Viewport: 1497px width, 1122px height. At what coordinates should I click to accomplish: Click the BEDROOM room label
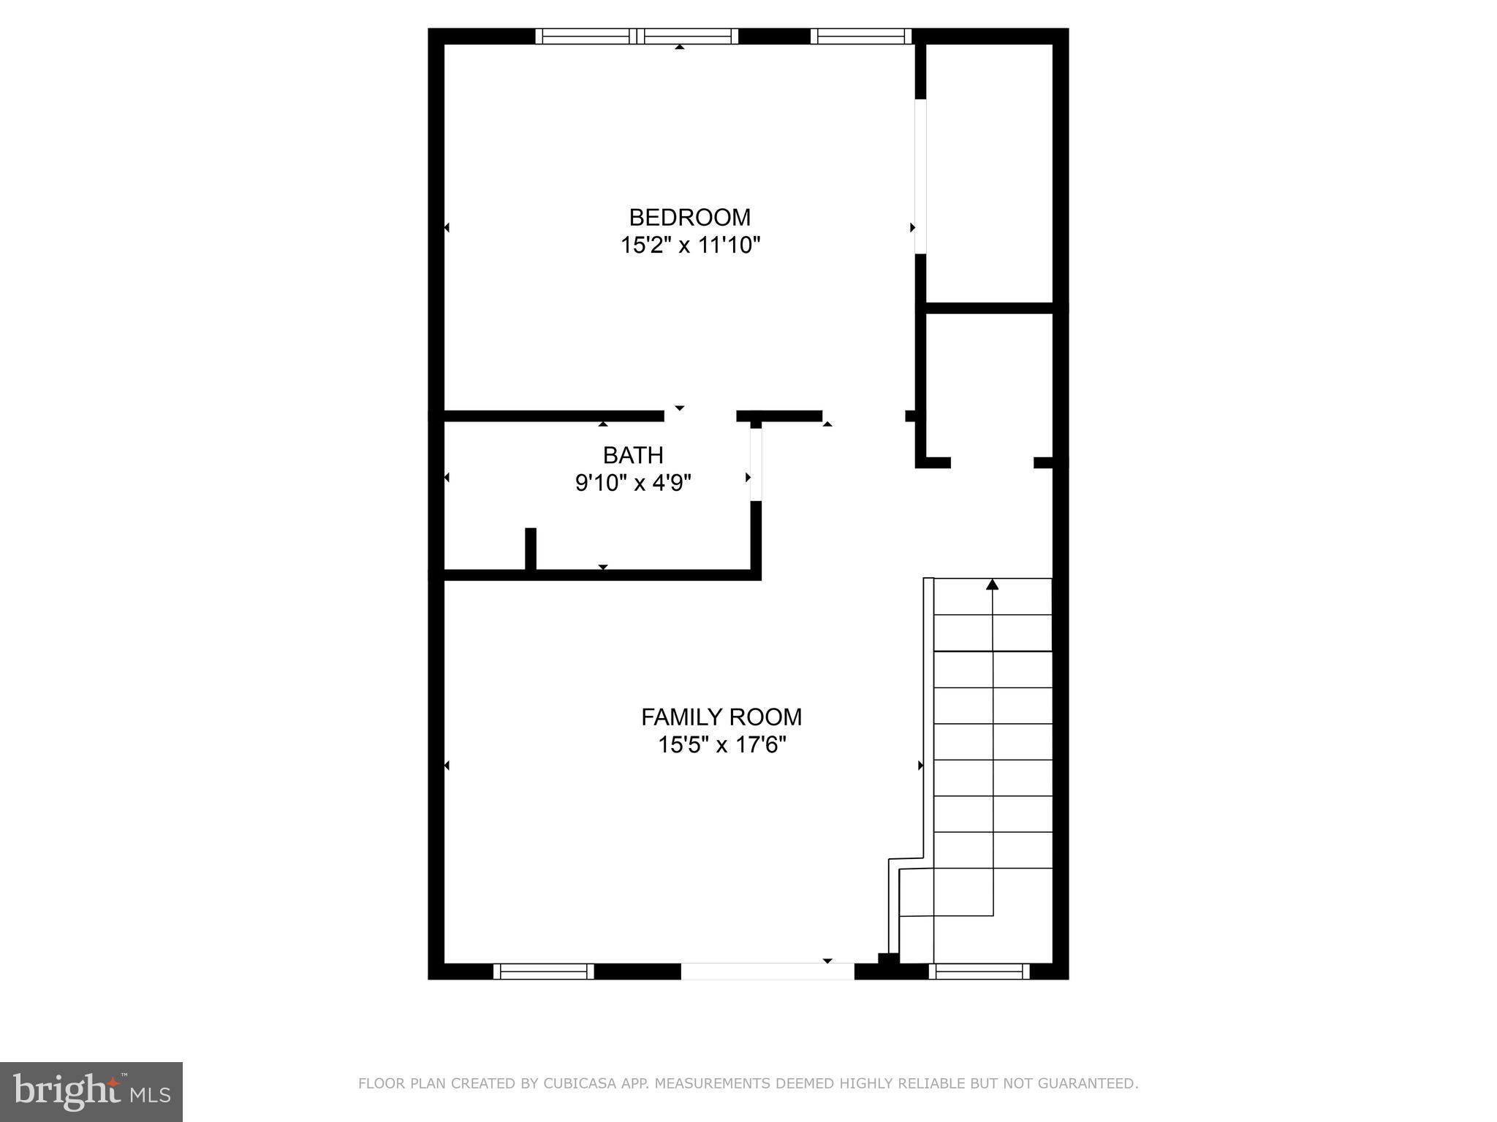689,218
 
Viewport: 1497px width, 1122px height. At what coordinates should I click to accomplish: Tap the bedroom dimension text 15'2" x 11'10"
690,245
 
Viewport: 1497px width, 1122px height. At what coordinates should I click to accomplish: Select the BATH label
633,455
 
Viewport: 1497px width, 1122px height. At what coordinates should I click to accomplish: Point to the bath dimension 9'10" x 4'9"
633,483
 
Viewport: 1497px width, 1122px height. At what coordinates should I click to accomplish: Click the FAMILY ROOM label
721,717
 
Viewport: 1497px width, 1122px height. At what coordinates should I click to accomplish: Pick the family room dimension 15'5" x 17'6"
721,745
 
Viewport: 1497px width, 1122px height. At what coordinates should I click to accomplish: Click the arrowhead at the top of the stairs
992,584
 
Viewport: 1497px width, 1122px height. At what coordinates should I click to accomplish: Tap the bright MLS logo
91,1091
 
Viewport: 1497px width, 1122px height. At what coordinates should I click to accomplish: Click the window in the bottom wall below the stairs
979,971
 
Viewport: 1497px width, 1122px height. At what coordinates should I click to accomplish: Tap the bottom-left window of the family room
543,971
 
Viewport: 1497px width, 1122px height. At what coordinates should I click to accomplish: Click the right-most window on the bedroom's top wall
861,37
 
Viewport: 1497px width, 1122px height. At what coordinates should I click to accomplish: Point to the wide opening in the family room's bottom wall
767,971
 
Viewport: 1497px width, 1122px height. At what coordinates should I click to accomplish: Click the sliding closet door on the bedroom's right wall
921,176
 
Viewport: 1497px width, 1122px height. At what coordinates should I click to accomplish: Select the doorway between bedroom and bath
700,416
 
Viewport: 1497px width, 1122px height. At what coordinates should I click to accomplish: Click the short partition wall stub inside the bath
531,548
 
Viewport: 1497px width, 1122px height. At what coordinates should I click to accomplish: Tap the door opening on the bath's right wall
756,465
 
